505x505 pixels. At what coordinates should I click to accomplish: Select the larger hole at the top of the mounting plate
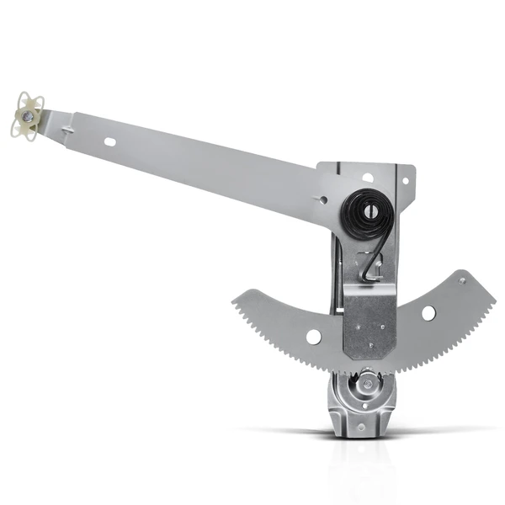tap(367, 178)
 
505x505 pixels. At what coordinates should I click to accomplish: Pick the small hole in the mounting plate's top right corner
tap(404, 180)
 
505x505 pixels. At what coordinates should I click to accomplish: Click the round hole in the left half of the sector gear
tap(313, 337)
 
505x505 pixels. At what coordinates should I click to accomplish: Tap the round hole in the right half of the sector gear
tap(428, 312)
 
